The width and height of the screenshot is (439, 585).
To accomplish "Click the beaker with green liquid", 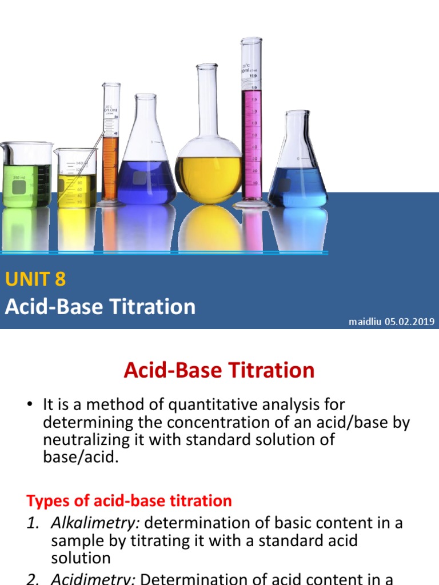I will coord(27,177).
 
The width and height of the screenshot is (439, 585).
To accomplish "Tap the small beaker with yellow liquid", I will coord(77,180).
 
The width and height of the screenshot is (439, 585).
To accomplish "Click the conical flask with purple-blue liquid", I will coord(146,171).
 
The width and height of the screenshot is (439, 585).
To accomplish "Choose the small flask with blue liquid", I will coord(298,177).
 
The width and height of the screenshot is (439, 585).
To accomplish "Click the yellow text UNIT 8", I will coord(35,279).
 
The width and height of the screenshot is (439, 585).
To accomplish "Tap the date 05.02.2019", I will coord(409,322).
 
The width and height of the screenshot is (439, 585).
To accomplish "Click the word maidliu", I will coord(365,322).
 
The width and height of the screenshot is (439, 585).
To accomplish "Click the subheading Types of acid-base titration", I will coord(129,501).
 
